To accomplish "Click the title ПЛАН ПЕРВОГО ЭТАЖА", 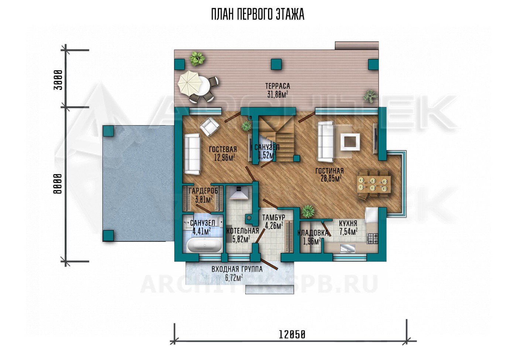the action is click(258, 14).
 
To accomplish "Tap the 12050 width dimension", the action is click(292, 335).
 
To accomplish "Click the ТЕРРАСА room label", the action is click(277, 86).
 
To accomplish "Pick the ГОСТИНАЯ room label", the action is click(329, 171).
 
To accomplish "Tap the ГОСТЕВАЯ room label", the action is click(223, 150).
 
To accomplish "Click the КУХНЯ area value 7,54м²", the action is click(348, 232).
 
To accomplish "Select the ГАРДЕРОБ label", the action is click(203, 191).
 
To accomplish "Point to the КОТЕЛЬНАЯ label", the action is click(243, 231).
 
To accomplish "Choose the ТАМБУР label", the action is click(274, 217).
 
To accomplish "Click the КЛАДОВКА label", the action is click(312, 233).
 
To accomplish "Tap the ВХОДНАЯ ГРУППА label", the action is click(237, 269).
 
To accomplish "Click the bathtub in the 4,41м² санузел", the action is click(204, 245).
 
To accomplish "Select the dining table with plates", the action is click(374, 184).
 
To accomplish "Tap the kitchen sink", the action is click(348, 248).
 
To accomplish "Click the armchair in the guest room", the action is click(210, 126).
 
